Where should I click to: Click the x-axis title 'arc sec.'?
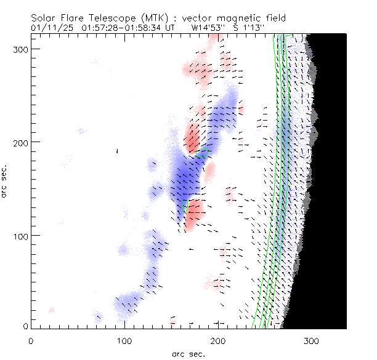point(188,353)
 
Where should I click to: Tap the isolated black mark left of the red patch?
point(117,151)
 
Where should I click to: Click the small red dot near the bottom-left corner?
point(52,310)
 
